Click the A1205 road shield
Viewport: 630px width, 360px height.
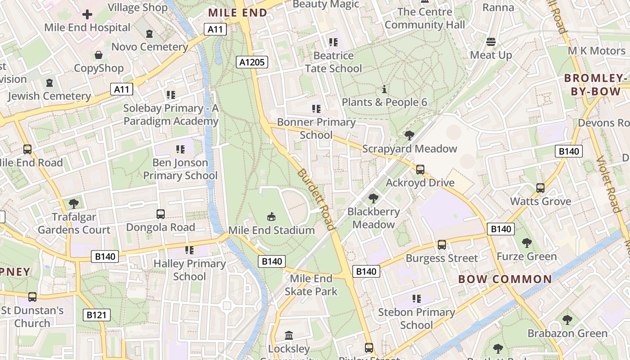pos(252,62)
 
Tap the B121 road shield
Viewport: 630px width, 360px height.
pos(96,315)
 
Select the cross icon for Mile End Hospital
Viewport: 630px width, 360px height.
pos(87,14)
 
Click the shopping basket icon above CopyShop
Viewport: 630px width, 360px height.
pos(99,55)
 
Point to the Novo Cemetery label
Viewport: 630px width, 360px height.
pos(149,47)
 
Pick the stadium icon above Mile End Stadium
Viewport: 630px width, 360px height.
pos(271,217)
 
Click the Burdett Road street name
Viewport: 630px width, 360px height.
pos(317,199)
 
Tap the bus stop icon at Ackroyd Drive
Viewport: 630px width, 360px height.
pos(420,170)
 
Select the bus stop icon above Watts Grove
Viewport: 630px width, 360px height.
pos(540,188)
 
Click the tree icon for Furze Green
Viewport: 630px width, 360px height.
pos(526,243)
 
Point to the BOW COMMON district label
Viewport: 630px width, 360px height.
pos(505,279)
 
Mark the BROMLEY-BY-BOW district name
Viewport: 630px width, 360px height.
pos(596,85)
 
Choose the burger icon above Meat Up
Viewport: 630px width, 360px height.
pos(491,42)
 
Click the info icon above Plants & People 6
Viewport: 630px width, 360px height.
pos(384,89)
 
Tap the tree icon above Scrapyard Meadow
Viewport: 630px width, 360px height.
pos(409,135)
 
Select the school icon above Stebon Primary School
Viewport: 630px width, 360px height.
pos(416,299)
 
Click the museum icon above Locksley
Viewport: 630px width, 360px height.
pos(289,336)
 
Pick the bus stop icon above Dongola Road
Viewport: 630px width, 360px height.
pos(161,214)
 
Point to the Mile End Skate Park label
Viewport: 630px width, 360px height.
pos(310,285)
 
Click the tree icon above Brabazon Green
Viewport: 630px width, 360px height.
pos(567,320)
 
